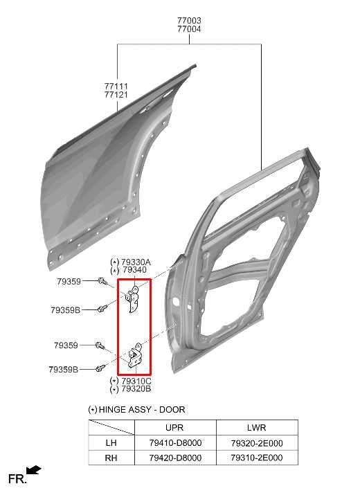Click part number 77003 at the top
189,21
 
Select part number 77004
189,30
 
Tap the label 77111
116,86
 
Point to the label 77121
116,94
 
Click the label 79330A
136,262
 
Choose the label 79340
134,270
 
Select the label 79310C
136,381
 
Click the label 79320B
136,390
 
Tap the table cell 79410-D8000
174,443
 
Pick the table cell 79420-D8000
174,458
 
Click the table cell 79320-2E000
256,443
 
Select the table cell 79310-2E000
256,458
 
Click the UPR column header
174,428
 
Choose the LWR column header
256,428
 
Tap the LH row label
111,443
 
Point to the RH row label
111,458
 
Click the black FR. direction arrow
34,471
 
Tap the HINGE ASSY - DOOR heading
141,410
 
